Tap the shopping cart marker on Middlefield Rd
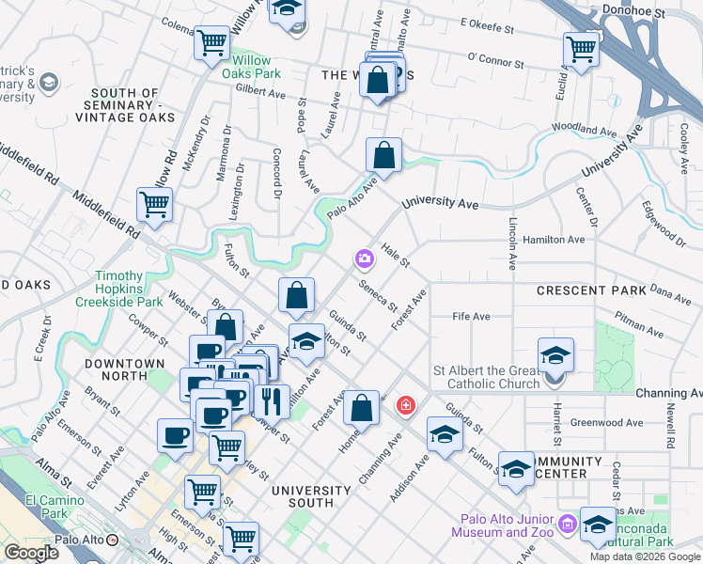point(154,203)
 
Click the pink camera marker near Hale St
point(364,258)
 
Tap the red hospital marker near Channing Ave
point(405,405)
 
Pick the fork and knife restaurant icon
point(271,400)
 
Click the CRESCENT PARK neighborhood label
point(591,290)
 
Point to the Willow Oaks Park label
point(257,67)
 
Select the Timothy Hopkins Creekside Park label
point(129,290)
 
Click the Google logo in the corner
point(31,553)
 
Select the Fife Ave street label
point(472,317)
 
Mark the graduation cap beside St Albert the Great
point(555,355)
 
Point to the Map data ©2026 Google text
point(646,556)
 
